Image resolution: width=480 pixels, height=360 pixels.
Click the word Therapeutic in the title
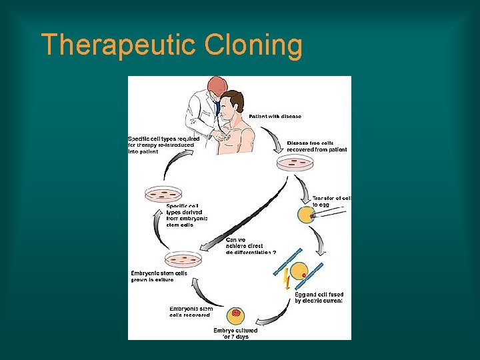(119, 45)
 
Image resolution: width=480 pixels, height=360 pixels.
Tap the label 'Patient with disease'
(275, 117)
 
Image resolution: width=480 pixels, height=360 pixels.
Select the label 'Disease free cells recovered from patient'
(317, 146)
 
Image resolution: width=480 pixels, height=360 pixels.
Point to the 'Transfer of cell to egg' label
(331, 202)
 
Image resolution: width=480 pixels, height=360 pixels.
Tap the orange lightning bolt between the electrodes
(286, 279)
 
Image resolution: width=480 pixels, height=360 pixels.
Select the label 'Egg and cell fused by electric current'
(318, 297)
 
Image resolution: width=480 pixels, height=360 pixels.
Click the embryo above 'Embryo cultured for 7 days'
(235, 314)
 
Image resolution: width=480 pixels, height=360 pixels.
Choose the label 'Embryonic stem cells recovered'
(191, 311)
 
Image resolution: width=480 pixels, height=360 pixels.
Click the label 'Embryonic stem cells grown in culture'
(159, 276)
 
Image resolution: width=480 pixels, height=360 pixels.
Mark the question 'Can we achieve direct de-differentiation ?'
(251, 246)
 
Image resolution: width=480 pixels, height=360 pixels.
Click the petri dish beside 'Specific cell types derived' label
(163, 194)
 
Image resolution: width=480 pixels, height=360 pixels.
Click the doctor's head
(217, 87)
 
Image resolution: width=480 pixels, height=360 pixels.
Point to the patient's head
(231, 103)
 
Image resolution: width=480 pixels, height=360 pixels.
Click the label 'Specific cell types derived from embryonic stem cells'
(187, 215)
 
